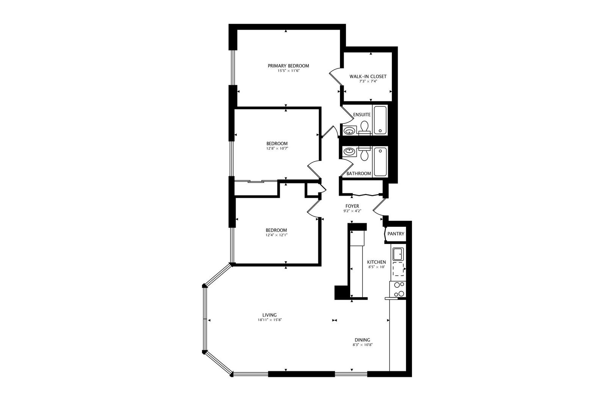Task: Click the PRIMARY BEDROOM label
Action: click(x=288, y=66)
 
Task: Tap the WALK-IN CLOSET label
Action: click(x=368, y=76)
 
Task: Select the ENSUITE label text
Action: click(x=362, y=114)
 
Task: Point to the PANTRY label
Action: click(x=396, y=234)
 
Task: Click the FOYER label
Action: click(x=352, y=206)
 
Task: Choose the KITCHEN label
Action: click(x=377, y=262)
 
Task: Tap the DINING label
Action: click(x=362, y=340)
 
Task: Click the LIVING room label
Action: click(x=269, y=315)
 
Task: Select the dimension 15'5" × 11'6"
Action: click(x=288, y=71)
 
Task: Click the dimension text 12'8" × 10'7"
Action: click(x=277, y=148)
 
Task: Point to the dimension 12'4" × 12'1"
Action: click(x=276, y=235)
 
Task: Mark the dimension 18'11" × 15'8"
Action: click(x=270, y=320)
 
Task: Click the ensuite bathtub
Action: click(x=380, y=120)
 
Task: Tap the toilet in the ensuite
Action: click(x=364, y=128)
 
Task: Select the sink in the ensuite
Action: click(x=349, y=131)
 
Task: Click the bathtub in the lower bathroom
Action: click(x=380, y=162)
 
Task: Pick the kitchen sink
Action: click(x=398, y=254)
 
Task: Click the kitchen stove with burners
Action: click(x=398, y=289)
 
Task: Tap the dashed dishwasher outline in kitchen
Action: click(x=398, y=269)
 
